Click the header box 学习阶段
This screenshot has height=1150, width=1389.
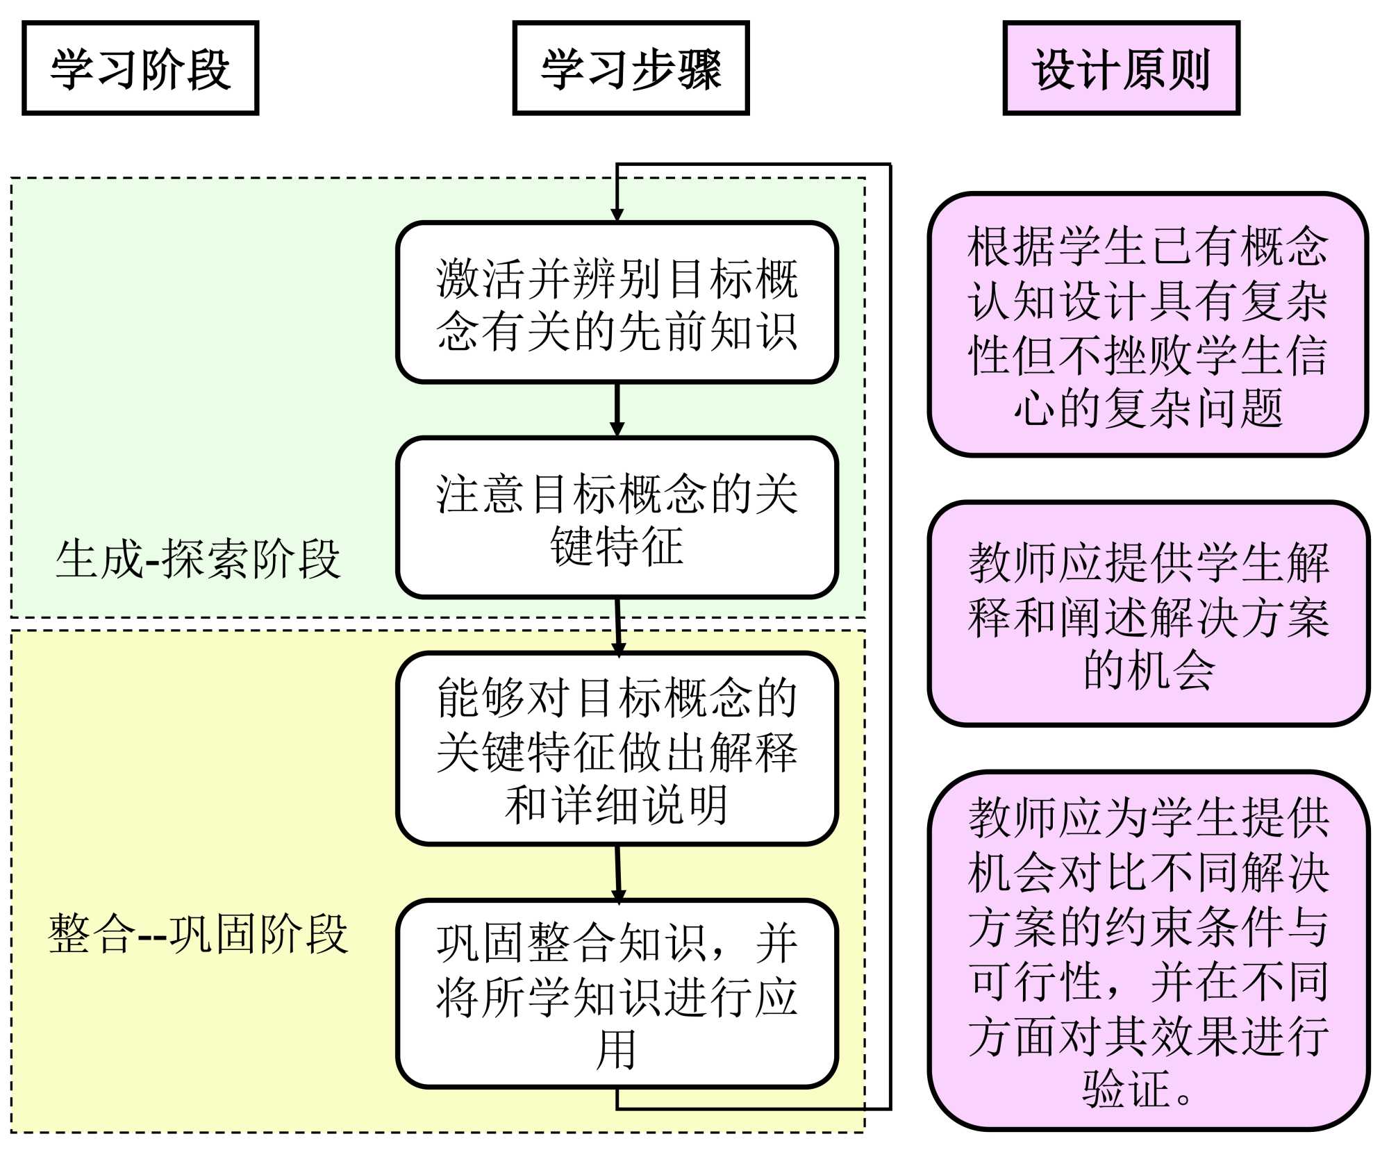140,68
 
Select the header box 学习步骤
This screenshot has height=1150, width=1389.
631,68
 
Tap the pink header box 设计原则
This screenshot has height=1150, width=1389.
1121,68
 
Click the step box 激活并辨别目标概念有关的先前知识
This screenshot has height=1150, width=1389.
617,303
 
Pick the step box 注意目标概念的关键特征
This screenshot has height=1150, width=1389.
617,517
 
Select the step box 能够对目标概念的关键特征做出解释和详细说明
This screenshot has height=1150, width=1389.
617,749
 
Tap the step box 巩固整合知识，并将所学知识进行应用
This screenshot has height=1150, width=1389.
617,993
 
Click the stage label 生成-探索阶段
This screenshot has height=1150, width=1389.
198,559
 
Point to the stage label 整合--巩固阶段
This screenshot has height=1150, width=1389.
198,933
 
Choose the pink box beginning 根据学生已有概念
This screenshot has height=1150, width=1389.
1147,324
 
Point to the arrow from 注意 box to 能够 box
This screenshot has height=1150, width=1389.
618,625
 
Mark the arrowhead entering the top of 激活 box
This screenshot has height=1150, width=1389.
617,214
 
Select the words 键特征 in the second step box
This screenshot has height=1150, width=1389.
617,545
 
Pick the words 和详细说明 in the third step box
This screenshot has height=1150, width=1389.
617,804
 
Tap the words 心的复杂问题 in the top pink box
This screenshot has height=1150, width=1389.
1147,408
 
